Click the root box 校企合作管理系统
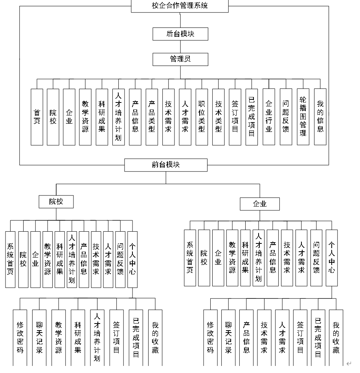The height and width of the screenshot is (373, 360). click(x=180, y=6)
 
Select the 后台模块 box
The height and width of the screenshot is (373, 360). click(x=180, y=34)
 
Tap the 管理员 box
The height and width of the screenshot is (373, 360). click(x=180, y=59)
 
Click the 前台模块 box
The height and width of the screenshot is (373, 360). click(x=165, y=165)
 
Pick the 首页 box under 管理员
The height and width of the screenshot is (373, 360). click(x=37, y=117)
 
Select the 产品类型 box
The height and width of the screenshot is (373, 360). click(x=152, y=117)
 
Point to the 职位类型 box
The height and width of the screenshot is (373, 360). click(x=202, y=117)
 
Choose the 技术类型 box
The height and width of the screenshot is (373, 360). click(x=219, y=117)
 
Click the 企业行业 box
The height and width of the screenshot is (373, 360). click(x=269, y=117)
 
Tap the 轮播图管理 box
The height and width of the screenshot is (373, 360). click(x=303, y=117)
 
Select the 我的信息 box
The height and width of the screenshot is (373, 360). click(x=320, y=117)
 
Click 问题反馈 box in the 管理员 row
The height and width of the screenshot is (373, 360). click(x=286, y=117)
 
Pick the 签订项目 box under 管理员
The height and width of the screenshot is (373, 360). click(x=235, y=117)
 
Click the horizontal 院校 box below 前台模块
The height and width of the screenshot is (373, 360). click(x=56, y=202)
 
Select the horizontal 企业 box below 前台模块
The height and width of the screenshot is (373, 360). click(x=260, y=204)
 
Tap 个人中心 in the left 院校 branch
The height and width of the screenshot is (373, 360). click(x=132, y=259)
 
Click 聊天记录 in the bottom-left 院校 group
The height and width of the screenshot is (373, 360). click(x=39, y=338)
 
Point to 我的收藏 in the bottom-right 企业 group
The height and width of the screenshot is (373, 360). click(x=336, y=338)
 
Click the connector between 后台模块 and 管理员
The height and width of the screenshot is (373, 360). click(x=180, y=46)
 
